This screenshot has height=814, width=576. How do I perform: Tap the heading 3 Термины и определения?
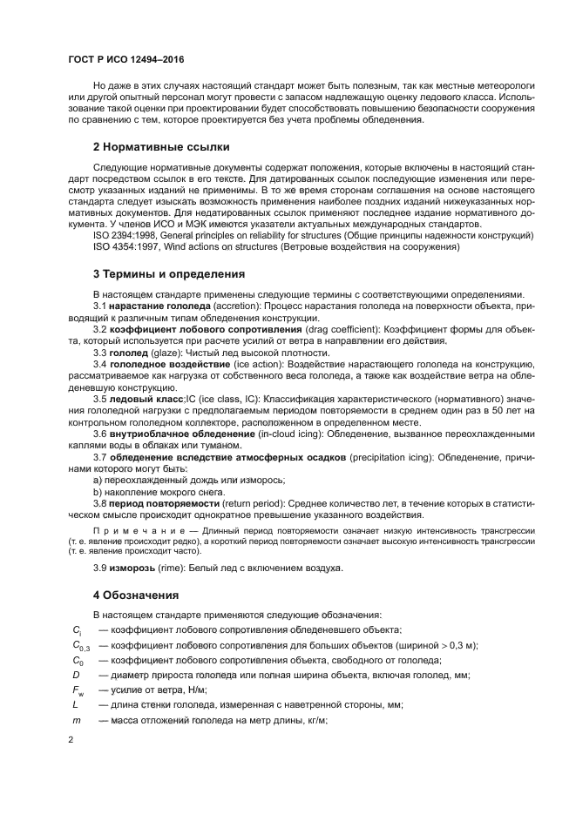click(x=168, y=274)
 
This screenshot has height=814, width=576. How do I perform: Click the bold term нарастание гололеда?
click(x=165, y=306)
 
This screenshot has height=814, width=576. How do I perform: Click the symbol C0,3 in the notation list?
click(x=81, y=645)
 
